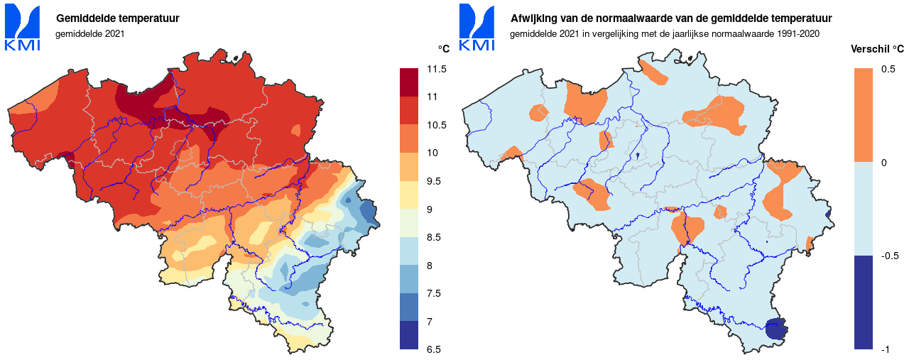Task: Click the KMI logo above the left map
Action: click(23, 27)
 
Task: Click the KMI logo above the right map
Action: click(477, 27)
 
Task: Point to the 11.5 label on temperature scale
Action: click(437, 69)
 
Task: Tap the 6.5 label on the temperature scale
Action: click(434, 349)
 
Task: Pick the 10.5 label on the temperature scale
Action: click(437, 125)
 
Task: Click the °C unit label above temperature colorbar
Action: click(444, 49)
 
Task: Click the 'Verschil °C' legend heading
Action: click(877, 49)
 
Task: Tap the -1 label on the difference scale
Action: click(886, 349)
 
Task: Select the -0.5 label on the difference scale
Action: click(889, 256)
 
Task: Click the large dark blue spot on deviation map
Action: click(776, 329)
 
